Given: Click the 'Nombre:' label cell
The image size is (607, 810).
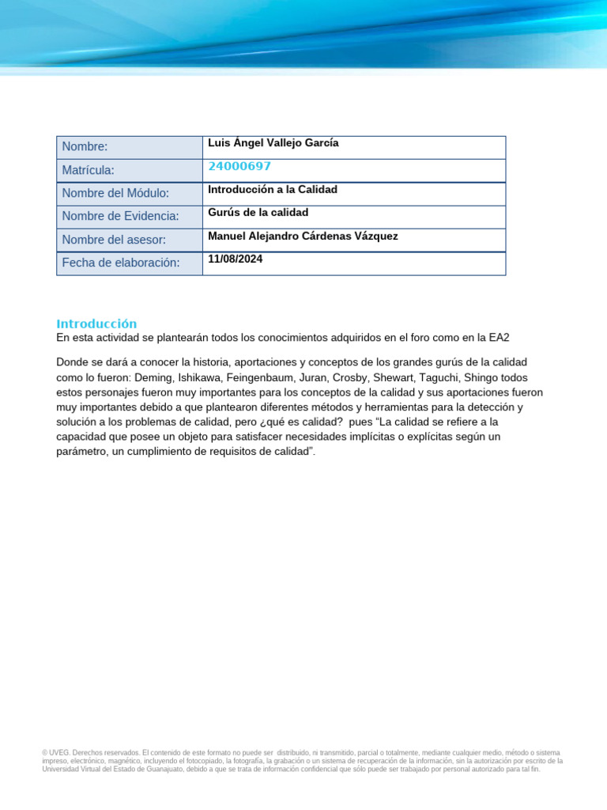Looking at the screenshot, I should [85, 147].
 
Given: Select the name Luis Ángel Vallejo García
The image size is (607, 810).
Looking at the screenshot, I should [273, 143].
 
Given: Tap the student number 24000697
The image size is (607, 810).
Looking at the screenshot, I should [239, 166].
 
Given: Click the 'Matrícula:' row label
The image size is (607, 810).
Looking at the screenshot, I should [89, 170].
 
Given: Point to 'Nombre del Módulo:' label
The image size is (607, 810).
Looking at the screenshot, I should [115, 193].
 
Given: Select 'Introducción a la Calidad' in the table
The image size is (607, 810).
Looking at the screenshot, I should [273, 190].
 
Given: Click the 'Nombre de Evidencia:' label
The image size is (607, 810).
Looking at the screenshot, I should [121, 217].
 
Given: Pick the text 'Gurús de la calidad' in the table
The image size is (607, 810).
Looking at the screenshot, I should [258, 213].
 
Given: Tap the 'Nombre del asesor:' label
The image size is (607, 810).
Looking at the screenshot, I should [114, 240].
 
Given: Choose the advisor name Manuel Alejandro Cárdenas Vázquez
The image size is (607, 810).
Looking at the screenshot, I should [303, 236].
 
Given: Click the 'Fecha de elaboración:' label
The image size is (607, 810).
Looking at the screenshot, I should [121, 263].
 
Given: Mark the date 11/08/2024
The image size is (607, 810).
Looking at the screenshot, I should [236, 259].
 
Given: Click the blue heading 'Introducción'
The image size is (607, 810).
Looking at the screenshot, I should [96, 324].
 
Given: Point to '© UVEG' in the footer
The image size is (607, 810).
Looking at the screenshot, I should [55, 752].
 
